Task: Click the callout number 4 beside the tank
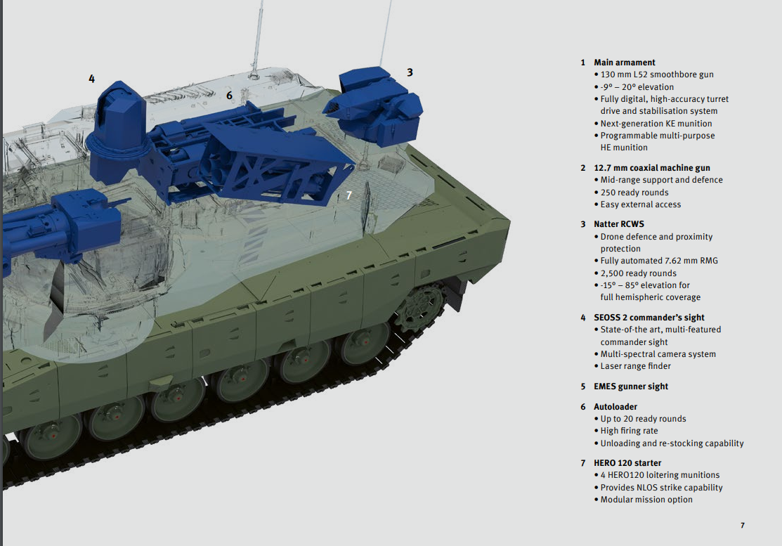click(x=91, y=79)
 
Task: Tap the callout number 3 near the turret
click(x=410, y=72)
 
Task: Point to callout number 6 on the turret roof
click(x=229, y=95)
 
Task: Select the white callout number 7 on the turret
click(x=348, y=195)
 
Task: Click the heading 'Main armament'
click(x=624, y=63)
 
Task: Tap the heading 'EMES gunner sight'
click(x=630, y=386)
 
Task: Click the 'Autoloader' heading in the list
click(x=616, y=407)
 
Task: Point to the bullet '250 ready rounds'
click(x=634, y=193)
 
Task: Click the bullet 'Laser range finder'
click(x=635, y=366)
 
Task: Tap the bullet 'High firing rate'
click(x=629, y=431)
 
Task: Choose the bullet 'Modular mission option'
click(x=646, y=500)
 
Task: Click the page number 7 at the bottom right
click(x=742, y=525)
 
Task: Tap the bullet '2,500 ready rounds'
click(x=638, y=273)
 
